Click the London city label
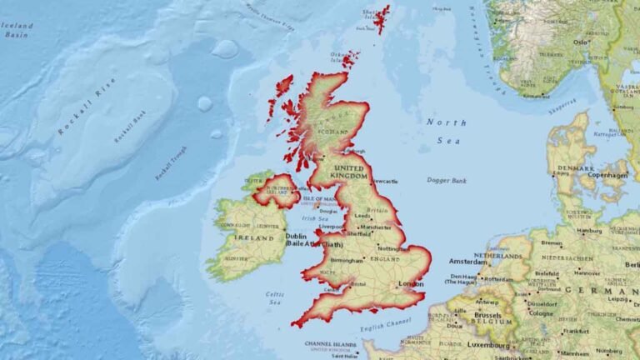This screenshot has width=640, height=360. tap(411, 284)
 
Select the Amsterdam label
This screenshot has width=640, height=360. tap(468, 262)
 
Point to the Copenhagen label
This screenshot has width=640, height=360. tap(607, 175)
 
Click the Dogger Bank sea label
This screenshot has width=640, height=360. tap(447, 180)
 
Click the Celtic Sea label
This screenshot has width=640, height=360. tap(275, 297)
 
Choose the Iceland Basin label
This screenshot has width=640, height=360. tap(17, 30)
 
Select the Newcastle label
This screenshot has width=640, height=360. tap(385, 181)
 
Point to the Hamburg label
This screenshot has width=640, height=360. tap(589, 231)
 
